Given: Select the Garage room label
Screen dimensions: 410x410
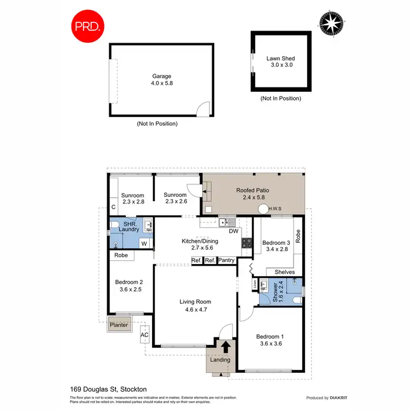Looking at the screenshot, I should pyautogui.click(x=161, y=77).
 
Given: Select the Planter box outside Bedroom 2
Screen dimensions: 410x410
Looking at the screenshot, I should pyautogui.click(x=119, y=325).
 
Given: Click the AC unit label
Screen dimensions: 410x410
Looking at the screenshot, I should pyautogui.click(x=145, y=335).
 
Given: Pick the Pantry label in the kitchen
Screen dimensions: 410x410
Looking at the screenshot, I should pyautogui.click(x=226, y=261).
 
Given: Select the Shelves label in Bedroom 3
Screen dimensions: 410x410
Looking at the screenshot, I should pyautogui.click(x=284, y=272).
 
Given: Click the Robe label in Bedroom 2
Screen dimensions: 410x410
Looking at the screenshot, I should pyautogui.click(x=121, y=255).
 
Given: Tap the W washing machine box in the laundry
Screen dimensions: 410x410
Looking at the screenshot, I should pyautogui.click(x=144, y=243).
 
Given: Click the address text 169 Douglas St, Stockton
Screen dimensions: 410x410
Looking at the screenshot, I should pyautogui.click(x=108, y=389).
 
